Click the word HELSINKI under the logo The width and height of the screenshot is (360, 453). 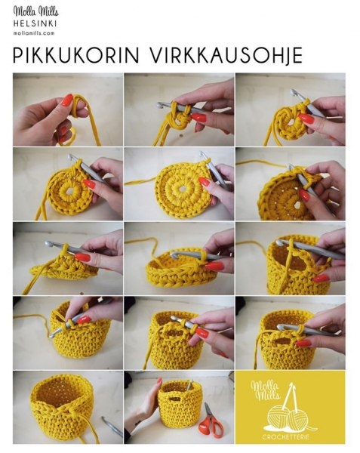35,23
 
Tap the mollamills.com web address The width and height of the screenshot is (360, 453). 34,33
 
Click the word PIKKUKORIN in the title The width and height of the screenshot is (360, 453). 76,55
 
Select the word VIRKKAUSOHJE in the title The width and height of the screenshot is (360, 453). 226,55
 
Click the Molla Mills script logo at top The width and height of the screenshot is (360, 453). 35,11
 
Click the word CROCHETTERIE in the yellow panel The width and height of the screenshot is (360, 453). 285,436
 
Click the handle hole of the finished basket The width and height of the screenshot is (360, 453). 175,399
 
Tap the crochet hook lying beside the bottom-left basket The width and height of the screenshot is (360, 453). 112,426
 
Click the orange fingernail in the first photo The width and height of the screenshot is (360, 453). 67,100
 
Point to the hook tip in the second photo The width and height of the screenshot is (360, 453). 160,106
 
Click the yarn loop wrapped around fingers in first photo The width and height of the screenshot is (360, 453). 79,107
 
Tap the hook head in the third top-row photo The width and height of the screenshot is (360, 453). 294,92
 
